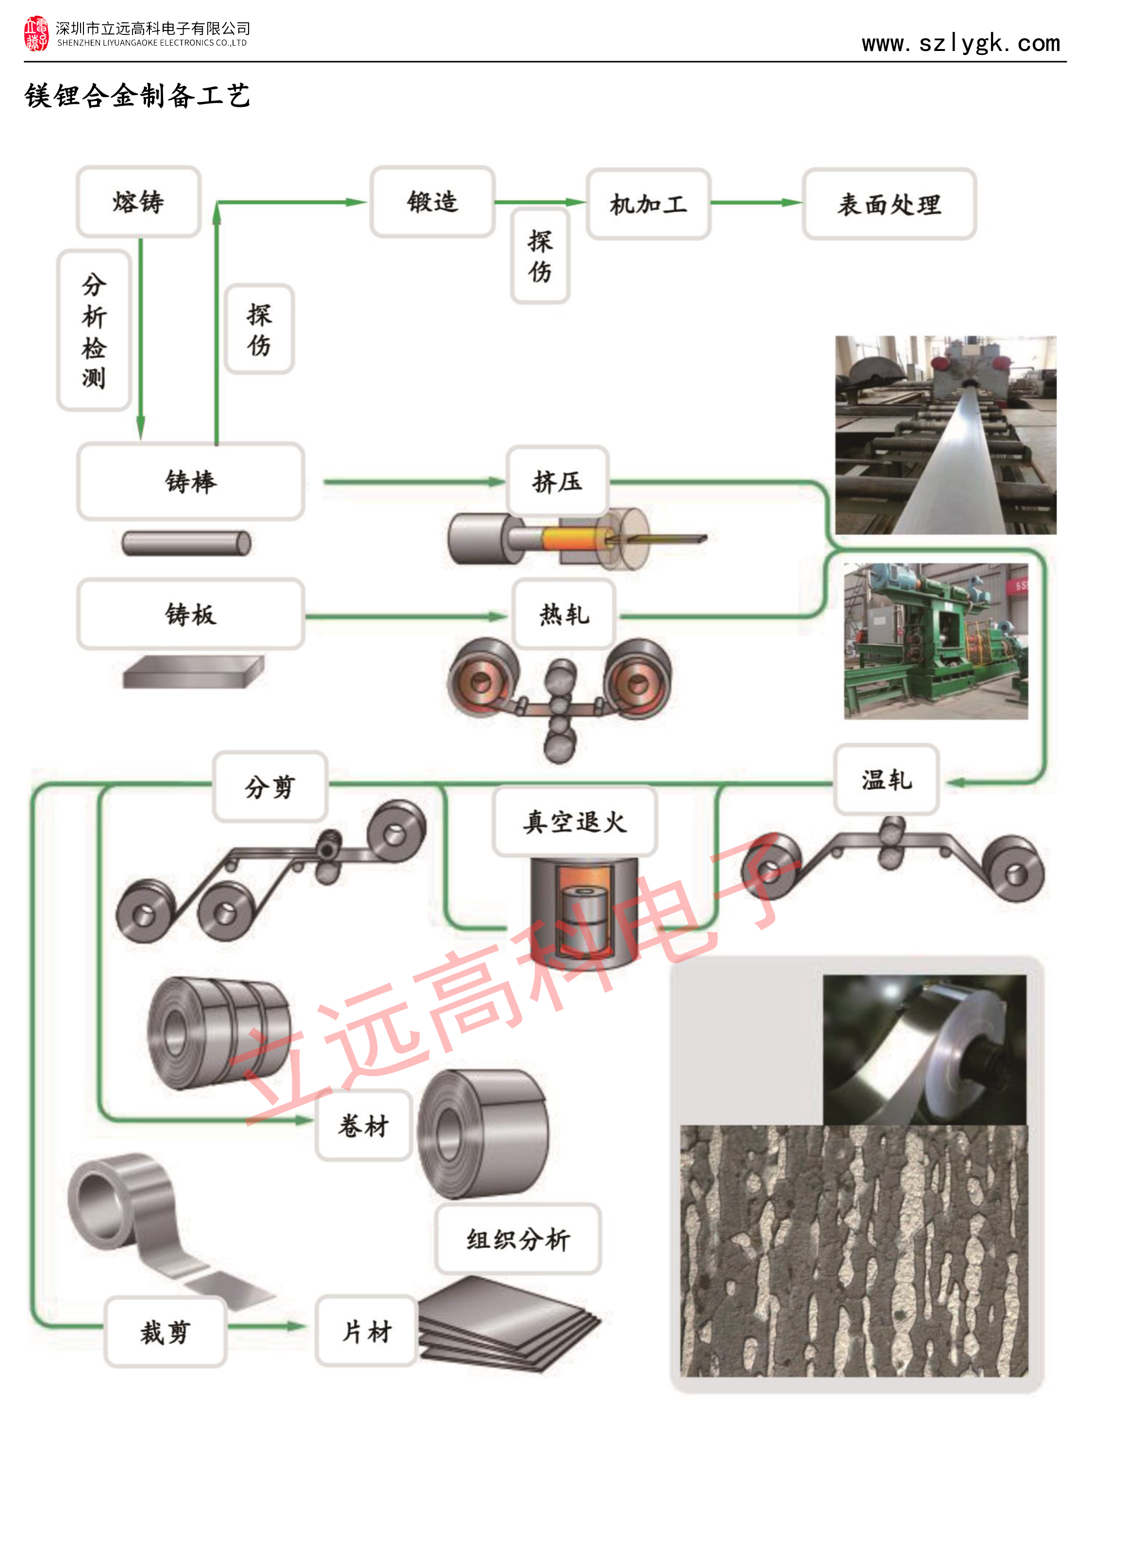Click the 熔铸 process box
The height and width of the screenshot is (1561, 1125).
pyautogui.click(x=138, y=201)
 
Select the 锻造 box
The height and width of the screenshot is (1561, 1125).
pyautogui.click(x=432, y=201)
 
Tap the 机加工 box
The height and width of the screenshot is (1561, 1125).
pyautogui.click(x=648, y=204)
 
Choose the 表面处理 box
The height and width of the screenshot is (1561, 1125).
pyautogui.click(x=889, y=204)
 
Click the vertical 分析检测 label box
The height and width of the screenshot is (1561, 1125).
pyautogui.click(x=94, y=331)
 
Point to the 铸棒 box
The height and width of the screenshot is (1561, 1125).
pyautogui.click(x=191, y=481)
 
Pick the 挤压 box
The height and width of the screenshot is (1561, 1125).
pyautogui.click(x=557, y=481)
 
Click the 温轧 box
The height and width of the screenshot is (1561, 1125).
pyautogui.click(x=886, y=779)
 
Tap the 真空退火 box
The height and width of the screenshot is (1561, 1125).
pyautogui.click(x=575, y=821)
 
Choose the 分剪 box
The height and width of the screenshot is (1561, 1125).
pyautogui.click(x=270, y=786)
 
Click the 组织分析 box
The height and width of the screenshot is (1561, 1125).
pyautogui.click(x=518, y=1239)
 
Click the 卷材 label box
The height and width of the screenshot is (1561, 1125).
pyautogui.click(x=364, y=1125)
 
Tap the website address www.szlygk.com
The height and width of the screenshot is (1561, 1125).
pyautogui.click(x=960, y=43)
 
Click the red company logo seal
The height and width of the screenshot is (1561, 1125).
pyautogui.click(x=36, y=33)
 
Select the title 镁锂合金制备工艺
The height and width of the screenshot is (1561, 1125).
pyautogui.click(x=138, y=96)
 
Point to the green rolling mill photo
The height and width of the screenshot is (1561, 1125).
pyautogui.click(x=936, y=642)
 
